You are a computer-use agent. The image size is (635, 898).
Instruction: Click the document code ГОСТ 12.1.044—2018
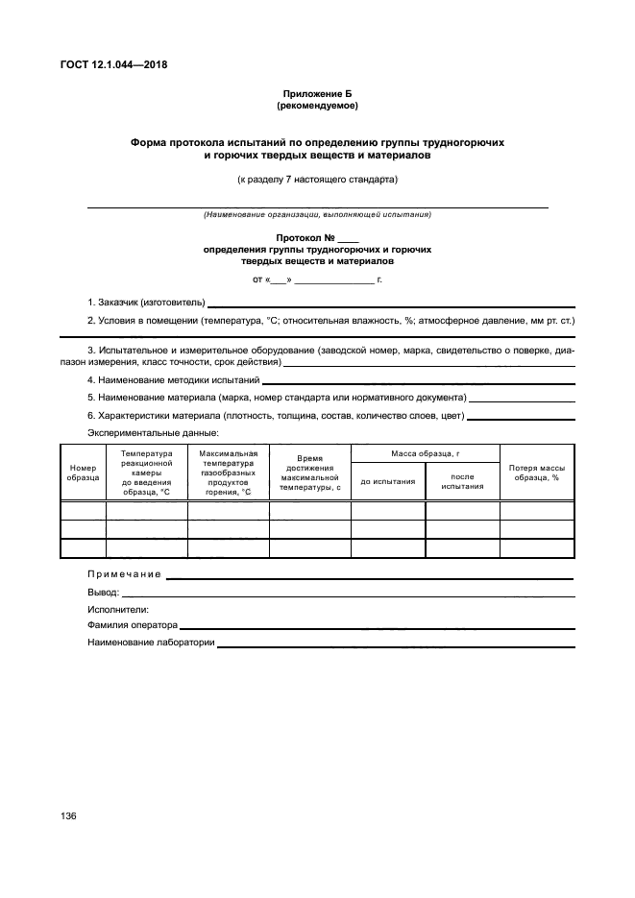(x=113, y=65)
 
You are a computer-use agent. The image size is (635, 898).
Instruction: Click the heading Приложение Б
(x=317, y=93)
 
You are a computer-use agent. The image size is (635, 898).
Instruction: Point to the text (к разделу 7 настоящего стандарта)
(x=317, y=179)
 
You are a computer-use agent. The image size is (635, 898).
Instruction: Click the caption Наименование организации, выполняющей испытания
(x=317, y=214)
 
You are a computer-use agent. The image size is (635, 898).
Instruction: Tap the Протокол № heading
(x=317, y=236)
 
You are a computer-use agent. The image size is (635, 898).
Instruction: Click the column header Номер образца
(x=83, y=472)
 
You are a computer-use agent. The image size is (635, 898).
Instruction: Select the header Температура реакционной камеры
(x=146, y=472)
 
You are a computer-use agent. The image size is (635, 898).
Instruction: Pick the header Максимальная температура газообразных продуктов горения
(x=228, y=472)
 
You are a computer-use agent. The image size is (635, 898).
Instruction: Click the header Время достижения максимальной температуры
(x=309, y=473)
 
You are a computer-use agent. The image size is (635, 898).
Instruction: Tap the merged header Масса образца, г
(x=426, y=452)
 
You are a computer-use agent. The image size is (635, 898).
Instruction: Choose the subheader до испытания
(x=387, y=481)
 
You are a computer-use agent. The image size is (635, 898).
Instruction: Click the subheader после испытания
(x=462, y=481)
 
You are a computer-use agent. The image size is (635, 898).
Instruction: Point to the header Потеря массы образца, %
(x=536, y=472)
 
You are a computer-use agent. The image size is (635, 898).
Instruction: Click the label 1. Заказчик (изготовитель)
(x=146, y=303)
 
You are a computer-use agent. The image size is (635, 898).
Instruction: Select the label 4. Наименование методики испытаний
(x=173, y=380)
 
